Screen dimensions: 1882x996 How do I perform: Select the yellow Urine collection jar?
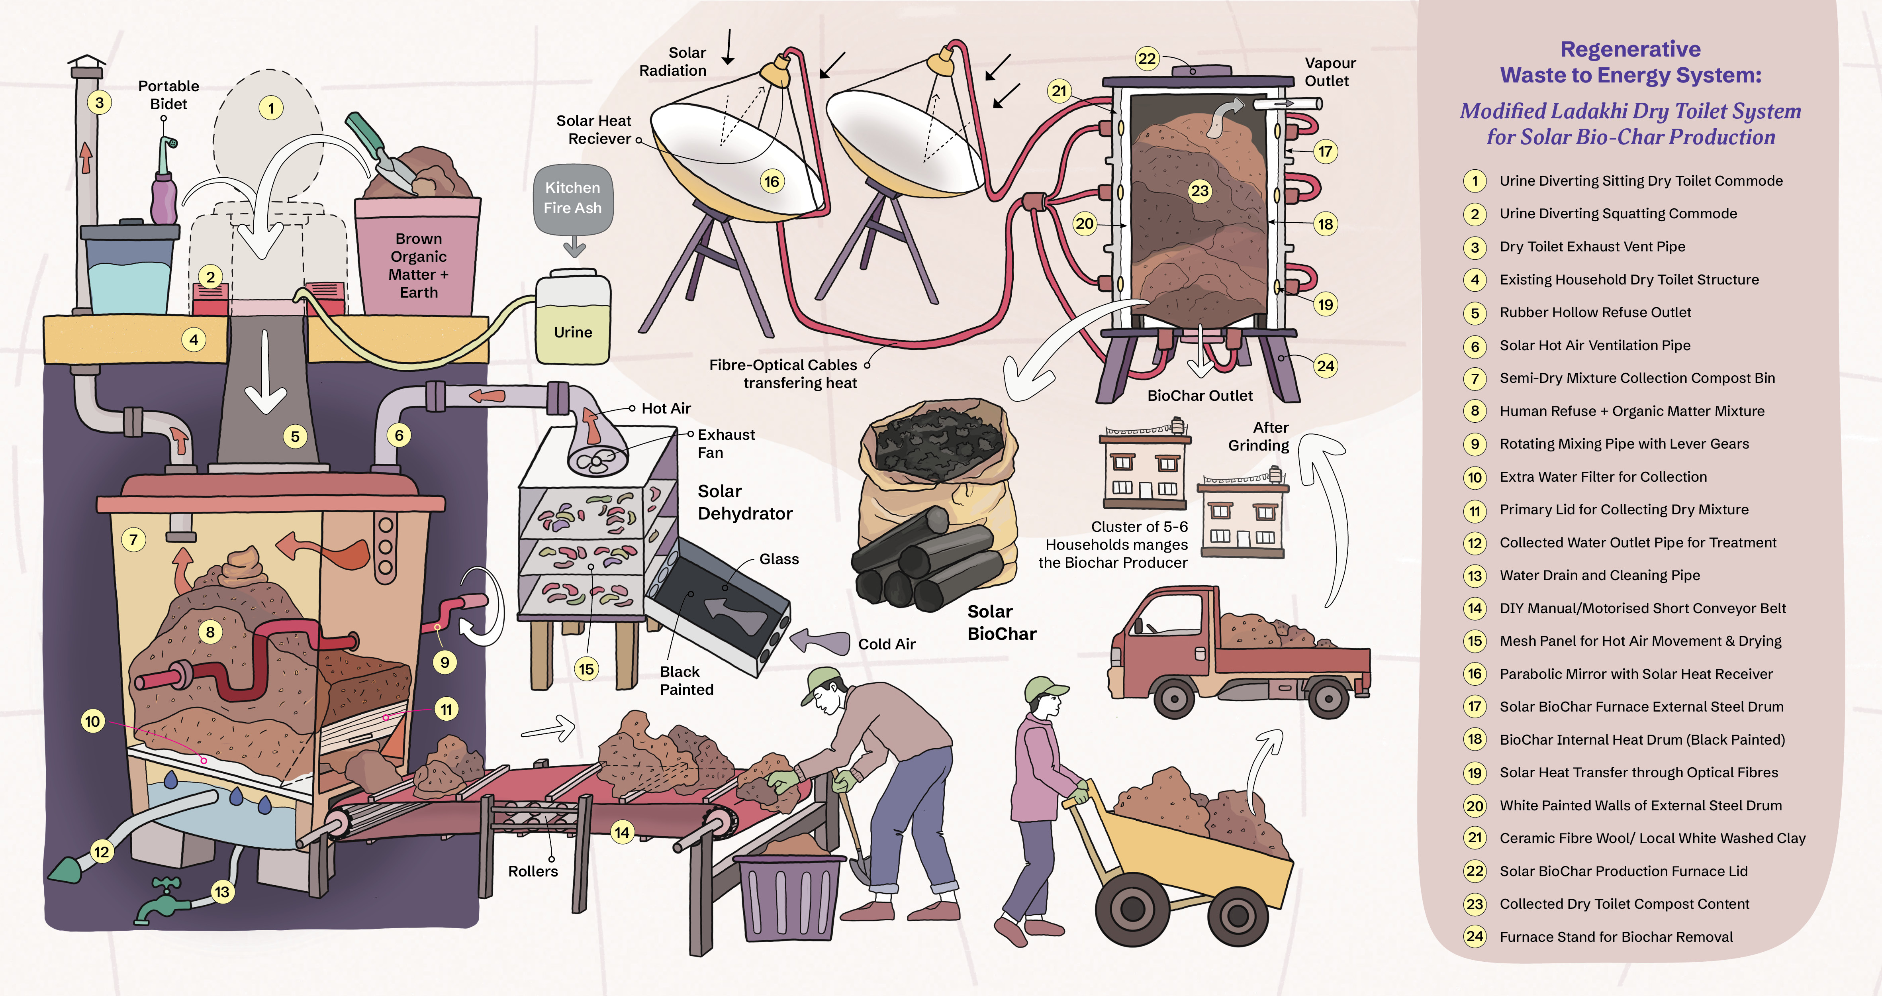point(573,318)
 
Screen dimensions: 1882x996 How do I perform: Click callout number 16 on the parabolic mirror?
point(772,181)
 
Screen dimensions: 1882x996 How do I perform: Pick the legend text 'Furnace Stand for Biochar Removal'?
point(1616,937)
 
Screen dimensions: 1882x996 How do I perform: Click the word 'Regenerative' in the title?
point(1631,49)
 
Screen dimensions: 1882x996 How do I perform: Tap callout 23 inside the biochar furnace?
point(1200,192)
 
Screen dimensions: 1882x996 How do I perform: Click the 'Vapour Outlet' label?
point(1330,72)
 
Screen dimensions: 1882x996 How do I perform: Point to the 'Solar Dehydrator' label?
point(744,502)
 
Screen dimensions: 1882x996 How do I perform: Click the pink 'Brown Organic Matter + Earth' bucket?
point(418,256)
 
